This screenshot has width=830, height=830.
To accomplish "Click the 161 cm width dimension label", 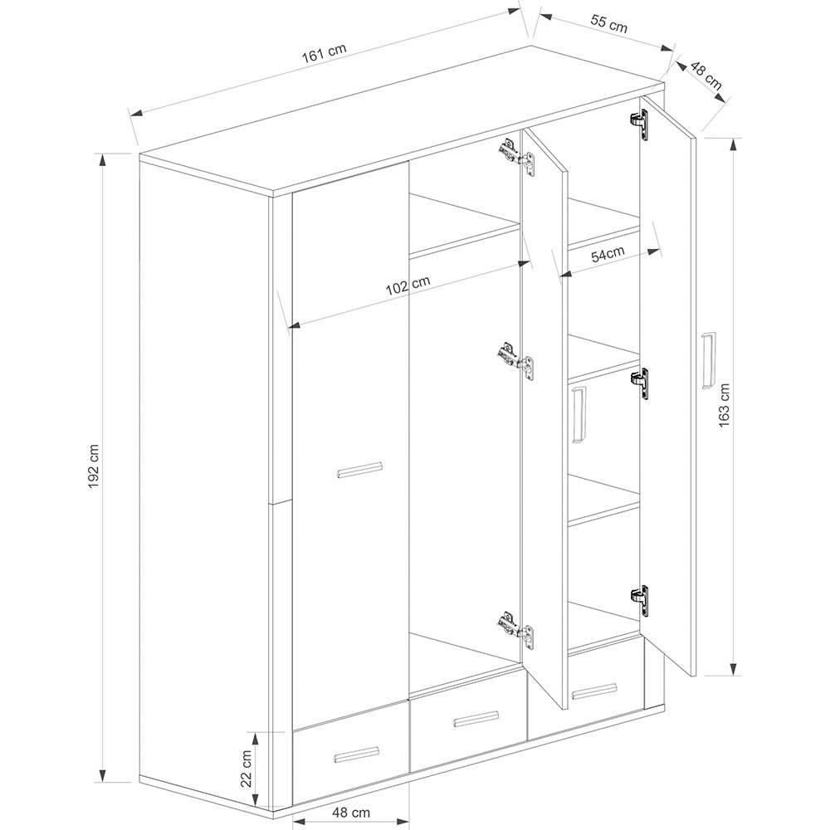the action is click(x=324, y=53).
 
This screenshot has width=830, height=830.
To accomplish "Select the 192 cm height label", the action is click(x=94, y=466).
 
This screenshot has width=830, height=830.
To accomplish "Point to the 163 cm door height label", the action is click(x=724, y=406).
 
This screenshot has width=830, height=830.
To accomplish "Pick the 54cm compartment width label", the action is click(x=608, y=255).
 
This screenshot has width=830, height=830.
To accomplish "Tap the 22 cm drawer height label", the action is click(x=247, y=769).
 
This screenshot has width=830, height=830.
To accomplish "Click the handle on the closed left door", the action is click(x=360, y=470).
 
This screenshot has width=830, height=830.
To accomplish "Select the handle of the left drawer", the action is click(x=357, y=754).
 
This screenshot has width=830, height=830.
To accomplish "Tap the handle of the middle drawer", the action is click(x=476, y=719).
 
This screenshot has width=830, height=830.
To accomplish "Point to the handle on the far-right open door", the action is click(x=708, y=360).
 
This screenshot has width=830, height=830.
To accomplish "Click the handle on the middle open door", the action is click(x=579, y=414).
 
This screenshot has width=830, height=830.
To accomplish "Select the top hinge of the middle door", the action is click(x=516, y=156).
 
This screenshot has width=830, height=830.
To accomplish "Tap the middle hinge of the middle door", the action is click(x=516, y=361).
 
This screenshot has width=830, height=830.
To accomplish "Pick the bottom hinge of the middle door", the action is click(x=516, y=630).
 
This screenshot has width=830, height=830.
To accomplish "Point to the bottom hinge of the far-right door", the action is click(x=639, y=600).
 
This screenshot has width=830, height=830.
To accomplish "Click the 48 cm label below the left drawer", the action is click(x=351, y=812).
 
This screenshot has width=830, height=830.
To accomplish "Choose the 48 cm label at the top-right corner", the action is click(x=705, y=75).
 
